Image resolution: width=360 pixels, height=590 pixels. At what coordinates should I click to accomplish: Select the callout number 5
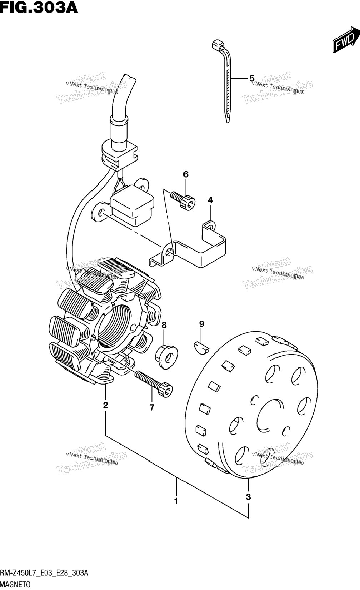(x=252, y=78)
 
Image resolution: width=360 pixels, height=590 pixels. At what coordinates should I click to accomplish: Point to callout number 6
(x=186, y=174)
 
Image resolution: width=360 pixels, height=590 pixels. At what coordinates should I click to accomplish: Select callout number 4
(x=210, y=200)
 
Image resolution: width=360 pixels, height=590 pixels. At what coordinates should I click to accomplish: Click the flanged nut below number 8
(x=166, y=356)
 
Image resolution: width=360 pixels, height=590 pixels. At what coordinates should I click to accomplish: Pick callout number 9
(x=201, y=324)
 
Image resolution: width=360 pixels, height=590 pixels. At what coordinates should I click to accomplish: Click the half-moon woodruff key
(x=201, y=347)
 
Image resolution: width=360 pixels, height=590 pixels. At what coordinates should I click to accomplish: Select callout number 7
(x=152, y=407)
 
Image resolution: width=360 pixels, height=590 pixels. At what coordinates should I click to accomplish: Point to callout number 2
(x=105, y=405)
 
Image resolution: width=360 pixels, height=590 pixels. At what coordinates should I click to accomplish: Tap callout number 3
(x=248, y=497)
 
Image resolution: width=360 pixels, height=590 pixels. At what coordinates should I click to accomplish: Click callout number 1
(x=176, y=501)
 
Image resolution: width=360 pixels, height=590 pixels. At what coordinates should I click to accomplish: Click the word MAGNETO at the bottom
(x=15, y=585)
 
